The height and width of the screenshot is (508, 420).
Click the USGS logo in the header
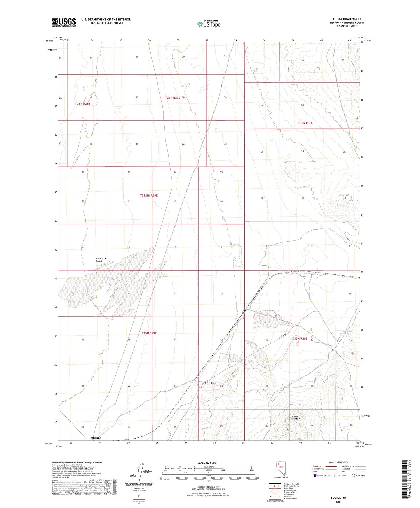[x=64, y=22]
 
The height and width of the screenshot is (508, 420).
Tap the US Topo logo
[x=209, y=24]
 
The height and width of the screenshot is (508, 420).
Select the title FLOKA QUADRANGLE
[x=347, y=19]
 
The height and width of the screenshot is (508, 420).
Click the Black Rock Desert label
[x=101, y=259]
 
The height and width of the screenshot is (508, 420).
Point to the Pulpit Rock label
[x=210, y=383]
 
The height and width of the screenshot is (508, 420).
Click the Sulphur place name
[x=95, y=438]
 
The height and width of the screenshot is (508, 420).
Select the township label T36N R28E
[x=83, y=104]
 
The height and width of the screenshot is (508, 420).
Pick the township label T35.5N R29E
[x=149, y=196]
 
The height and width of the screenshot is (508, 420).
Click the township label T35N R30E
[x=300, y=338]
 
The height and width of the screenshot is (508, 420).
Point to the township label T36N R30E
[x=305, y=123]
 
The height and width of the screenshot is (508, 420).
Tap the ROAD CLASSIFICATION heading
[x=339, y=462]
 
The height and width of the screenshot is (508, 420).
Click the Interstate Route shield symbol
[x=315, y=475]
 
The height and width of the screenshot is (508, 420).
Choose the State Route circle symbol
[x=353, y=475]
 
